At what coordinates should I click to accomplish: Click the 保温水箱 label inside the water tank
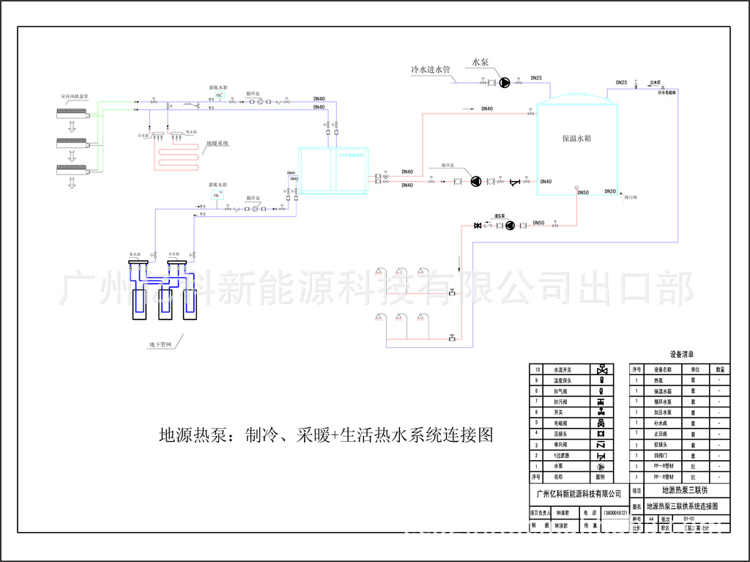tap(576, 138)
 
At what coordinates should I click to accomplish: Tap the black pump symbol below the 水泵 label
tap(505, 83)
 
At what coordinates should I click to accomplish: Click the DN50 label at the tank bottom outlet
tap(583, 193)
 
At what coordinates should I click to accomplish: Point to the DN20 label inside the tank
tap(610, 191)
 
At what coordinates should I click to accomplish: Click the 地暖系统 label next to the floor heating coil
tap(218, 144)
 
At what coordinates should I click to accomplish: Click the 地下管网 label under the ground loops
tap(160, 344)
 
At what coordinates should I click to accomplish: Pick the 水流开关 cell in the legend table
tap(562, 369)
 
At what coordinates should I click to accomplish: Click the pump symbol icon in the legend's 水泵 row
tap(601, 466)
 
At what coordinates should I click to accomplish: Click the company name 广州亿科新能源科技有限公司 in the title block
tap(579, 495)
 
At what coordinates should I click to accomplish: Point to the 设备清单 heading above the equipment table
tap(681, 354)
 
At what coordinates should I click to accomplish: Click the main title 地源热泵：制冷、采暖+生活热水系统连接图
tap(326, 435)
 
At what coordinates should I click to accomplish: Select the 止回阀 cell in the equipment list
tap(662, 434)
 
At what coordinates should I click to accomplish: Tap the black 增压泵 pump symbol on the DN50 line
tap(510, 225)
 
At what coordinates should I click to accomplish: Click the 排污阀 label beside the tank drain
tap(631, 198)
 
